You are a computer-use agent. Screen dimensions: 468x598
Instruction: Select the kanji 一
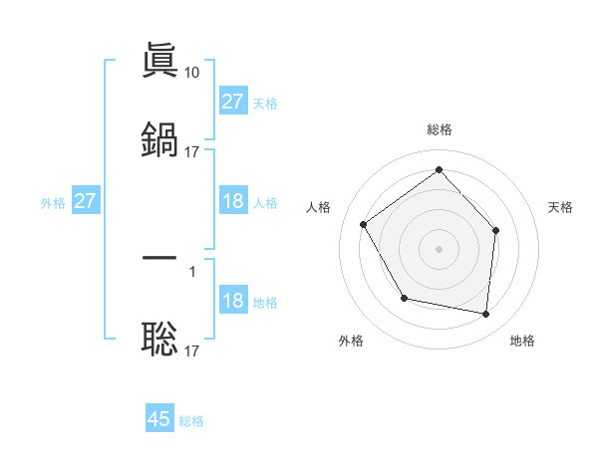coord(159,258)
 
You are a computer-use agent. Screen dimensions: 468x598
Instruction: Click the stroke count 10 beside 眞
coord(193,72)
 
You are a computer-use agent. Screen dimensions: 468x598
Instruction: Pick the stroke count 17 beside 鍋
coord(192,151)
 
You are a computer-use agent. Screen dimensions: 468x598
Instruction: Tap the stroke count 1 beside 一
coord(192,270)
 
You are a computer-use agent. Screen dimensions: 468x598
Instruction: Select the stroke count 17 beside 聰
coord(192,351)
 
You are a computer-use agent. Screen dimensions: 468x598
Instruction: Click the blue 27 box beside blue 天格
coord(233,102)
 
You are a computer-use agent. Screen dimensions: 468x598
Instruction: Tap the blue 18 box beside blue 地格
coord(233,302)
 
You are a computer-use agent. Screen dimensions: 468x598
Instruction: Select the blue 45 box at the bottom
coord(159,419)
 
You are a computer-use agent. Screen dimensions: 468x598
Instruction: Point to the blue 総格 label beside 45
coord(191,421)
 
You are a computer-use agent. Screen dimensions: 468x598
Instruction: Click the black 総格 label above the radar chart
coord(439,129)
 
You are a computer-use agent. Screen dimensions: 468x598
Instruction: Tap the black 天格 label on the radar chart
coord(560,207)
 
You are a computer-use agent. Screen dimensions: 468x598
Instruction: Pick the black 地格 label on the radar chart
coord(522,341)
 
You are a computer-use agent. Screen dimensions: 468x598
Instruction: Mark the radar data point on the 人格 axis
coord(364,224)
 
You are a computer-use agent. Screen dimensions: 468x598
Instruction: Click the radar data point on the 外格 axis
coord(404,298)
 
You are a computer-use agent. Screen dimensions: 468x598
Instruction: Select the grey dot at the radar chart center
coord(439,248)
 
